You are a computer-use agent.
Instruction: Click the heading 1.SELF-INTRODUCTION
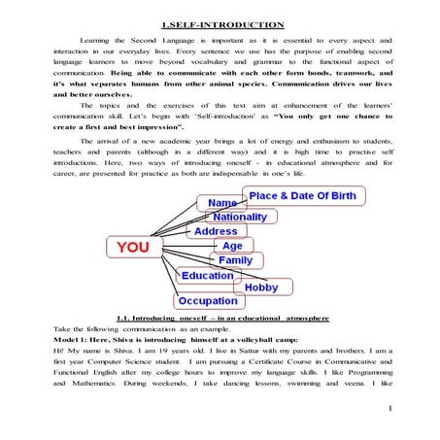click(x=222, y=23)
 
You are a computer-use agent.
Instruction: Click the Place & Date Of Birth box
click(x=302, y=196)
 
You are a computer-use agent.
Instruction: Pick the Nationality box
click(x=239, y=218)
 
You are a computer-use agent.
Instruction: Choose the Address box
click(x=215, y=232)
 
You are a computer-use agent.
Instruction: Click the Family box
click(x=234, y=261)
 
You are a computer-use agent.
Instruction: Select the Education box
click(x=206, y=276)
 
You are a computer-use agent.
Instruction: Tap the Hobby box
click(x=261, y=288)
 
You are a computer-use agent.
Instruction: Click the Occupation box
click(x=207, y=301)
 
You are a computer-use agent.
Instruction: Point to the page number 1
click(x=388, y=409)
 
